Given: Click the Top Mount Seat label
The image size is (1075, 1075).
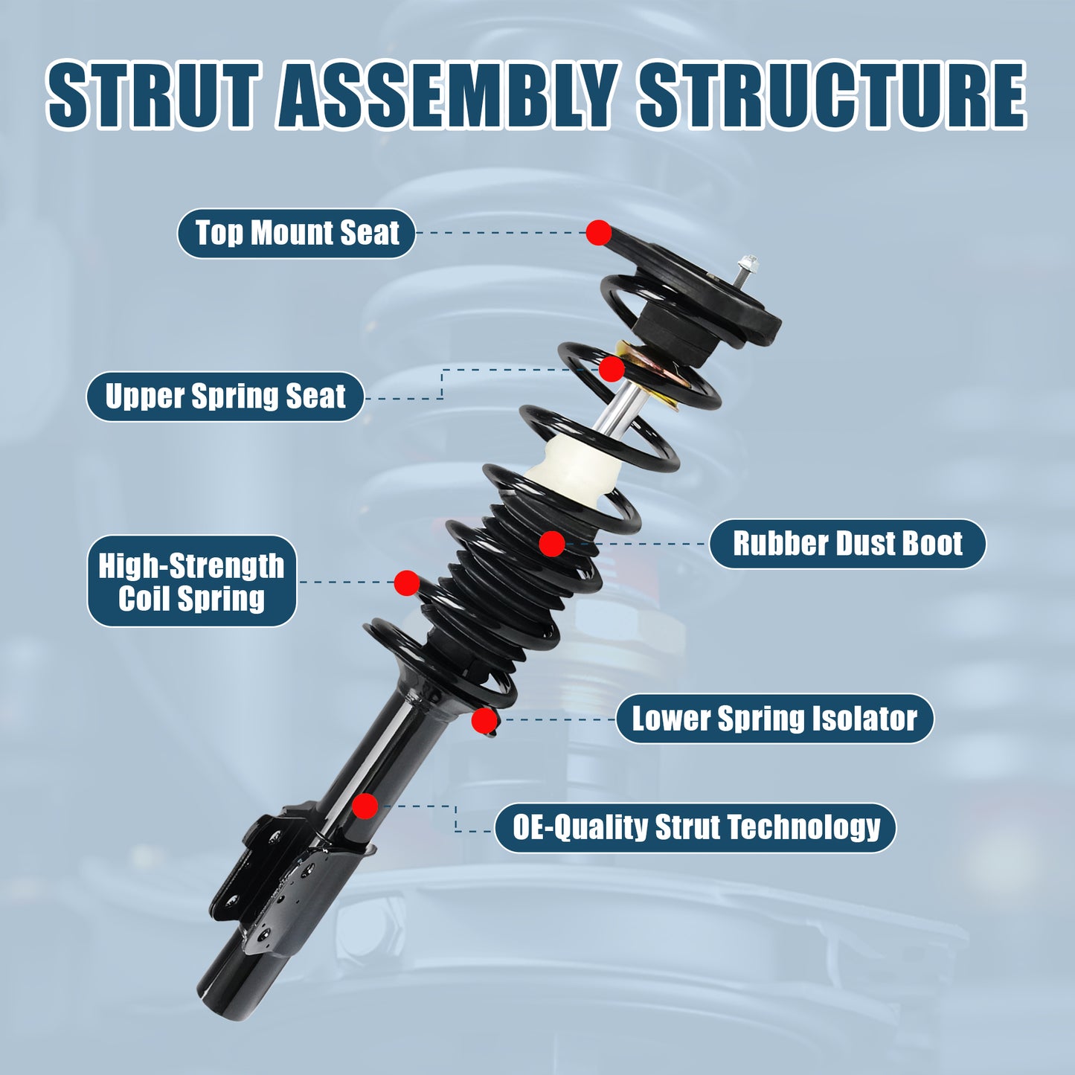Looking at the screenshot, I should pyautogui.click(x=296, y=234).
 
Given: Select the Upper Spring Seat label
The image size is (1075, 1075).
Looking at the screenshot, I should pyautogui.click(x=225, y=397).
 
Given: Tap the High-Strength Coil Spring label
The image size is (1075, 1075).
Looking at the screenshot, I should pyautogui.click(x=192, y=582).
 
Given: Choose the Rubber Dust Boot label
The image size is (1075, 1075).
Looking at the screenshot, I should pyautogui.click(x=847, y=544).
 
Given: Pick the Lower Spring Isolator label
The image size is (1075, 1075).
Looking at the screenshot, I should pyautogui.click(x=774, y=719).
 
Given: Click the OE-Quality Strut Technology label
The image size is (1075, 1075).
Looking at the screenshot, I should pyautogui.click(x=696, y=827).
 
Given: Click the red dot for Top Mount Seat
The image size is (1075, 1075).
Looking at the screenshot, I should pyautogui.click(x=598, y=233).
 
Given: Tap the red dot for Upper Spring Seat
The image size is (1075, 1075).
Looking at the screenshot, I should pyautogui.click(x=612, y=368).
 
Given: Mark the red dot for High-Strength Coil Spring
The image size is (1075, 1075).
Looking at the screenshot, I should pyautogui.click(x=406, y=583).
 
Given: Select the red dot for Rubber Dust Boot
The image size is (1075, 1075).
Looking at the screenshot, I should pyautogui.click(x=551, y=544).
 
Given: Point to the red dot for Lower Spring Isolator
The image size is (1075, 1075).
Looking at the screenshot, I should pyautogui.click(x=484, y=720).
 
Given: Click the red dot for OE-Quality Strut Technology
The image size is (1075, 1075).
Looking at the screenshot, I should pyautogui.click(x=365, y=806).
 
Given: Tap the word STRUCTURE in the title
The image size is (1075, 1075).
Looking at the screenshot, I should pyautogui.click(x=832, y=95).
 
